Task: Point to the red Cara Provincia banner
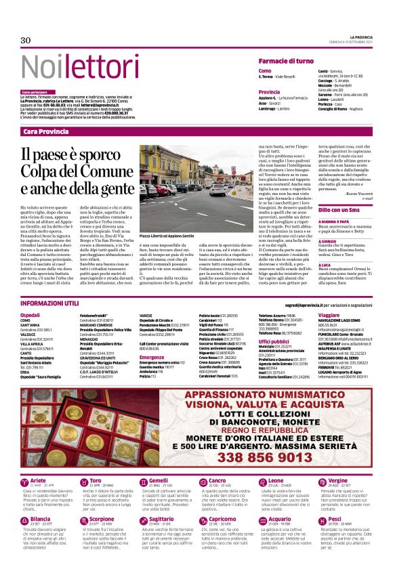coord(45,131)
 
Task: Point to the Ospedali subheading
coord(30,316)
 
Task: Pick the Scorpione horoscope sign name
coord(102,500)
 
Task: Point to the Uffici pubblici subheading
coord(274,341)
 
